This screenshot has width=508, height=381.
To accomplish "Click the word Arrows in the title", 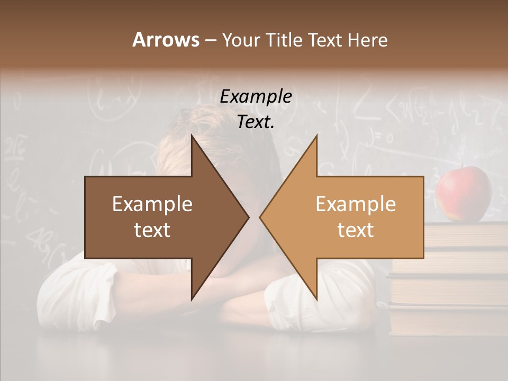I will pos(165,40).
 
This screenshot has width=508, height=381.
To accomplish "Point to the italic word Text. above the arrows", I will pos(256,122).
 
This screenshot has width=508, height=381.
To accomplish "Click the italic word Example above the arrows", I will pos(256,97).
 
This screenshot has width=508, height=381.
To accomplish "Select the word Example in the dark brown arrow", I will pos(152,204).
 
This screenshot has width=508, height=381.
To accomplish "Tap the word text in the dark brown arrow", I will pos(152,230).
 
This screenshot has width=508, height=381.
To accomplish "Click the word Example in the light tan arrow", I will pos(356,204).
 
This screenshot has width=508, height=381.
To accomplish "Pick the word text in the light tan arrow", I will pos(356,230).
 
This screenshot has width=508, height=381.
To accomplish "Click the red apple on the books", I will pos(464,193).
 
